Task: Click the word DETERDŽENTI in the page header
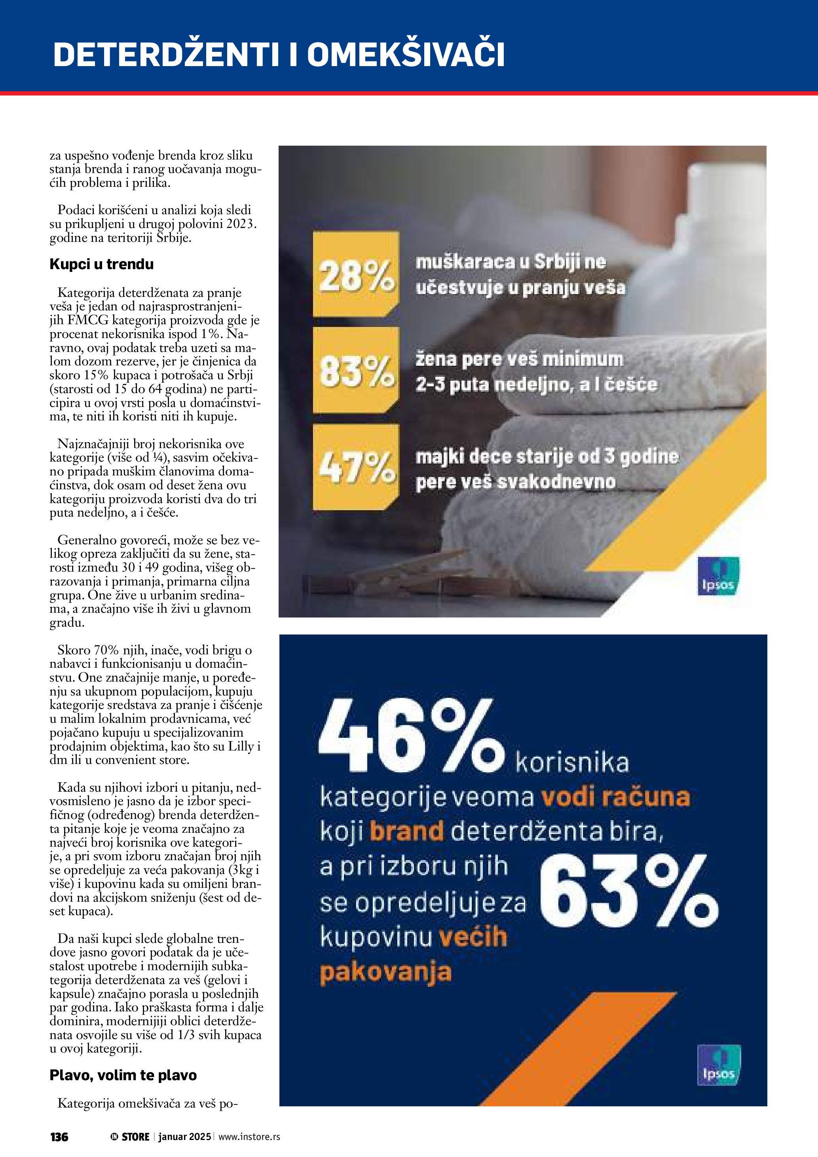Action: pos(165,54)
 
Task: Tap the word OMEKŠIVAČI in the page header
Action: pos(406,54)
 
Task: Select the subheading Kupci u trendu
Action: pos(101,264)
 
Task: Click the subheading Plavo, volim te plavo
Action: pos(123,1075)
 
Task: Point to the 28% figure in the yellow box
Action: pos(356,276)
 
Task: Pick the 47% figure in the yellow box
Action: pos(356,467)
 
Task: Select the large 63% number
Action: pos(628,893)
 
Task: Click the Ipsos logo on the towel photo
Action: pos(718,576)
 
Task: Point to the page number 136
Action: pos(59,1137)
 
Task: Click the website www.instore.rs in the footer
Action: pos(249,1137)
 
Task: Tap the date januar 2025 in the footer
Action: pos(184,1137)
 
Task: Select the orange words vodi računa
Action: pos(615,798)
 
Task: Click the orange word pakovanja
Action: pos(385,972)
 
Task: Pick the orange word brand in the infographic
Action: pos(406,832)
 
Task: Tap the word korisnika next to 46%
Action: pos(572,763)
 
